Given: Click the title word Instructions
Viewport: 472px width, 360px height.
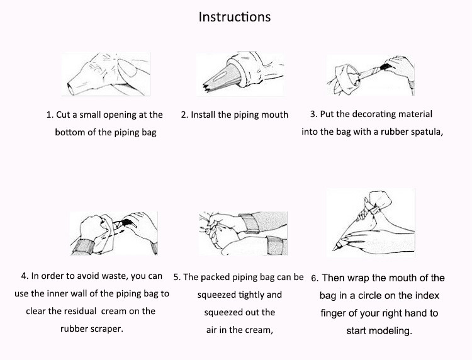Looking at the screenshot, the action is tap(235, 17).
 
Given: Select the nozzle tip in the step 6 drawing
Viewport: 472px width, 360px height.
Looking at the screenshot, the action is tap(335, 248).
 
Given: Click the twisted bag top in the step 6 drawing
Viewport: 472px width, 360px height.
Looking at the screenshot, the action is tap(380, 200).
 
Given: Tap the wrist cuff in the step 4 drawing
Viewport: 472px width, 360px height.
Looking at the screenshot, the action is tap(83, 247).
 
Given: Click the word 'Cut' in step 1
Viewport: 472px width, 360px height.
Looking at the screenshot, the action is tap(62, 115).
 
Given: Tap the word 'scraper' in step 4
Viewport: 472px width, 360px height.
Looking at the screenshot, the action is tap(107, 329).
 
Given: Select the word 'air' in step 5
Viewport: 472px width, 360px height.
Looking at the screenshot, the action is tap(211, 330).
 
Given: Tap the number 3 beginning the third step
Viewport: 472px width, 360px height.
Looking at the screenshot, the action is tap(313, 115).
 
